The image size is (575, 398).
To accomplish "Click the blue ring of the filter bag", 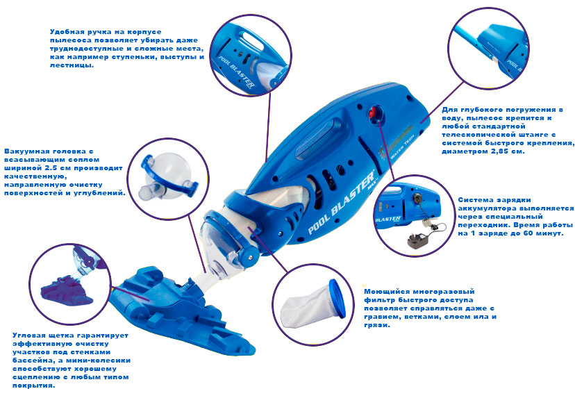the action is pos(337,298).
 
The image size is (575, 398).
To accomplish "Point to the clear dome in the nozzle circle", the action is pos(169,174).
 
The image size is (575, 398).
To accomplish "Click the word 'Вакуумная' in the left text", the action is pos(23,151).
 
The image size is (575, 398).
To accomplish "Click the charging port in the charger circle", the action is pos(417,199).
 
